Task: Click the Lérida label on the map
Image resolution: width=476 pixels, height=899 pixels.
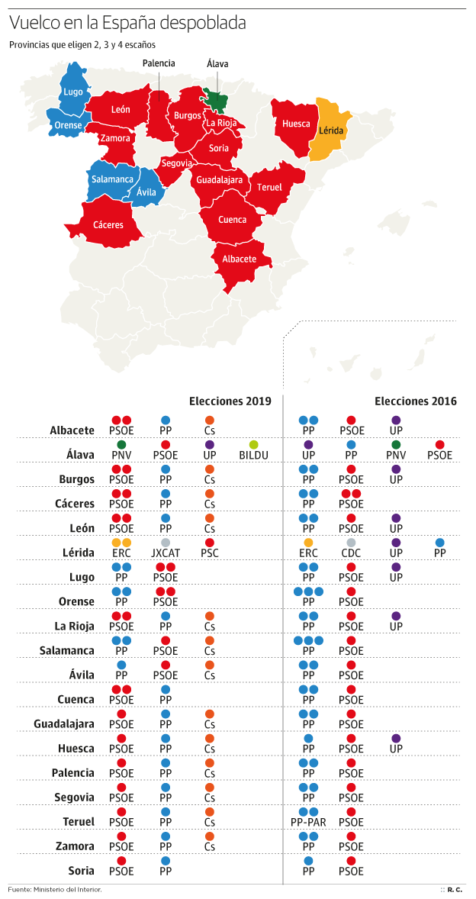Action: coord(331,130)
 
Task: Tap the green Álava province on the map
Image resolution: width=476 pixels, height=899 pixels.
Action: coord(215,98)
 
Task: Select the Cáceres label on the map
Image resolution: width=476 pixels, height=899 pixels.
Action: coord(108,225)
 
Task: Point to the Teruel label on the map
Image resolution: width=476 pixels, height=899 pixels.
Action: coord(269,187)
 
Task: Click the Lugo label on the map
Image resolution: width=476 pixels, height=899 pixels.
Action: coord(73,92)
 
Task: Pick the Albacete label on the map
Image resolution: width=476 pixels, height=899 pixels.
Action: coord(239,259)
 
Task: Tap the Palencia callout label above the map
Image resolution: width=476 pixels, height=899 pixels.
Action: coord(159,63)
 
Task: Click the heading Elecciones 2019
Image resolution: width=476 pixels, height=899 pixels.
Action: coord(230,401)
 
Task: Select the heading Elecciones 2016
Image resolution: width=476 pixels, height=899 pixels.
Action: coord(416,401)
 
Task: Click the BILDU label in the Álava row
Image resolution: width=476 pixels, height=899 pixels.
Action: coord(253,456)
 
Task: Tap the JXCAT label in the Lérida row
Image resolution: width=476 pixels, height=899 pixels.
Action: coord(165,553)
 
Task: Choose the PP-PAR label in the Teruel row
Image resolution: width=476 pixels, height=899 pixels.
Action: coord(308,822)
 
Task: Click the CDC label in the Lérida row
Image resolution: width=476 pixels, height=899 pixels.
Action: coord(351,553)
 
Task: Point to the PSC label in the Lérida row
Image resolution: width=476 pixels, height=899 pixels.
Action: coord(209,553)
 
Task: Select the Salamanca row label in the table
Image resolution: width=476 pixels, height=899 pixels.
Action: coord(67,651)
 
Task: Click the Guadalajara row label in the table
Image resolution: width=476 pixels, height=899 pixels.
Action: coord(64,723)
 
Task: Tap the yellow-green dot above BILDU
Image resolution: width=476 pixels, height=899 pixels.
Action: coord(253,444)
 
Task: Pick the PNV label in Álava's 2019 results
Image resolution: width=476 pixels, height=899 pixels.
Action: coord(121,456)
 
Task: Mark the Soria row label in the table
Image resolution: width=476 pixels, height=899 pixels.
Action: coord(81,870)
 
